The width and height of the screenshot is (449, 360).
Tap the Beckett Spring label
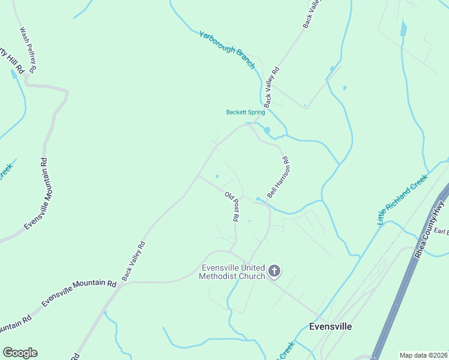pyautogui.click(x=245, y=112)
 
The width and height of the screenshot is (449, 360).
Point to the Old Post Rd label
pyautogui.click(x=232, y=206)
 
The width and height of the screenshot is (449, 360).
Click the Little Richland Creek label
pyautogui.click(x=402, y=200)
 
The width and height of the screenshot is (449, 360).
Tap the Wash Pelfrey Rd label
pyautogui.click(x=28, y=50)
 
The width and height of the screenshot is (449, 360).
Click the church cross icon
pyautogui.click(x=274, y=272)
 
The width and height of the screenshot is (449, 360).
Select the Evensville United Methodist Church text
pyautogui.click(x=233, y=272)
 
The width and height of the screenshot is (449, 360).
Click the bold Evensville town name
pyautogui.click(x=330, y=327)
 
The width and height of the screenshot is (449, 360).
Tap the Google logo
pyautogui.click(x=20, y=353)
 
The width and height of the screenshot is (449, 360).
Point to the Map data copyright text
pyautogui.click(x=423, y=355)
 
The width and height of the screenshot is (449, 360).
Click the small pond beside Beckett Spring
pyautogui.click(x=267, y=130)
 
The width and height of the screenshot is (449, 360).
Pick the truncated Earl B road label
pyautogui.click(x=441, y=232)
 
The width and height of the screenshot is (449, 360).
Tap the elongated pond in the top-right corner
pyautogui.click(x=403, y=28)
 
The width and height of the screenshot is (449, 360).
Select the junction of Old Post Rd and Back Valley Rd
pyautogui.click(x=199, y=176)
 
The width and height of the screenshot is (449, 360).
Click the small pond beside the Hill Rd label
pyautogui.click(x=13, y=75)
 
